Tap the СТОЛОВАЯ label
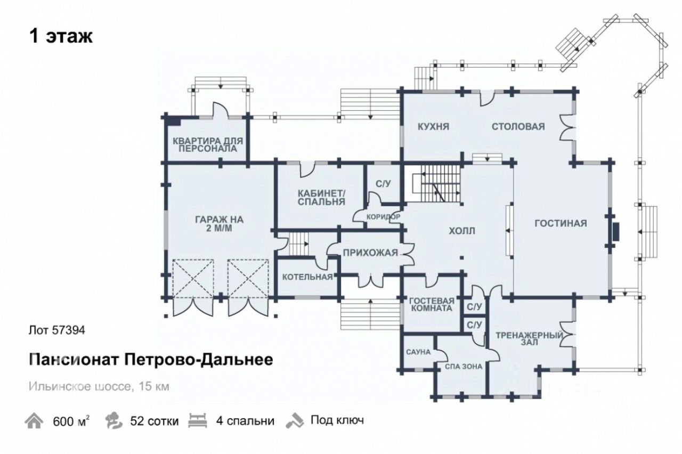point(518,127)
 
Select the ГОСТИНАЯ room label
point(561,223)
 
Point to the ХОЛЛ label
point(461,231)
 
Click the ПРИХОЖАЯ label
point(370,253)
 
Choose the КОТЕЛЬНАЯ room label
point(307,277)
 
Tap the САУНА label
point(418,352)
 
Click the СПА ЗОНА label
point(460,367)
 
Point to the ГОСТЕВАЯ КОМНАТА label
point(432,304)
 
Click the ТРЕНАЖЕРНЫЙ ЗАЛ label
point(529,339)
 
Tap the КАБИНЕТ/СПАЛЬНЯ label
point(321,197)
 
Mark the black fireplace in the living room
point(615,231)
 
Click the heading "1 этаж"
point(61,37)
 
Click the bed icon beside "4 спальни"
point(197,420)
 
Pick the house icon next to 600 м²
point(34,421)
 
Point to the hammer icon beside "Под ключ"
point(294,420)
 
